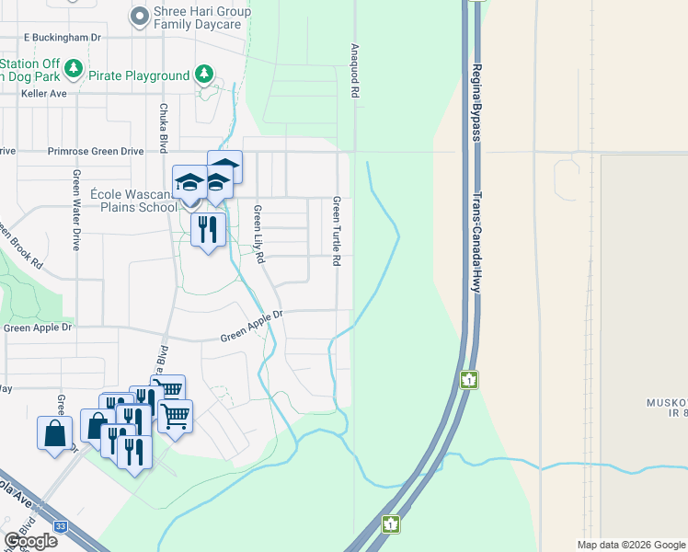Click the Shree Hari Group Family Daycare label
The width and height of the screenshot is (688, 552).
(x=201, y=17)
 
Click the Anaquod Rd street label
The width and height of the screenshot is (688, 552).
(x=353, y=70)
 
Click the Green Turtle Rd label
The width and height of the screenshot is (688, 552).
(x=337, y=231)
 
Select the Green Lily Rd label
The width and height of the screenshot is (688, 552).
(x=259, y=234)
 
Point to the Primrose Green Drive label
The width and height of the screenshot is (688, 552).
(x=96, y=150)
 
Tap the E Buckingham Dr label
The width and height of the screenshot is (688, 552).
(x=62, y=37)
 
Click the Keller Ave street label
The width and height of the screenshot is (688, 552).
(x=45, y=93)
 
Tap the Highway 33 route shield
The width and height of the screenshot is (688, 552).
(x=60, y=525)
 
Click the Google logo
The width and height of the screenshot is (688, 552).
(x=30, y=540)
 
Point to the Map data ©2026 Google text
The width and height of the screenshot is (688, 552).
(x=630, y=545)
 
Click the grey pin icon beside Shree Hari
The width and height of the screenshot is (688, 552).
(x=140, y=16)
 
